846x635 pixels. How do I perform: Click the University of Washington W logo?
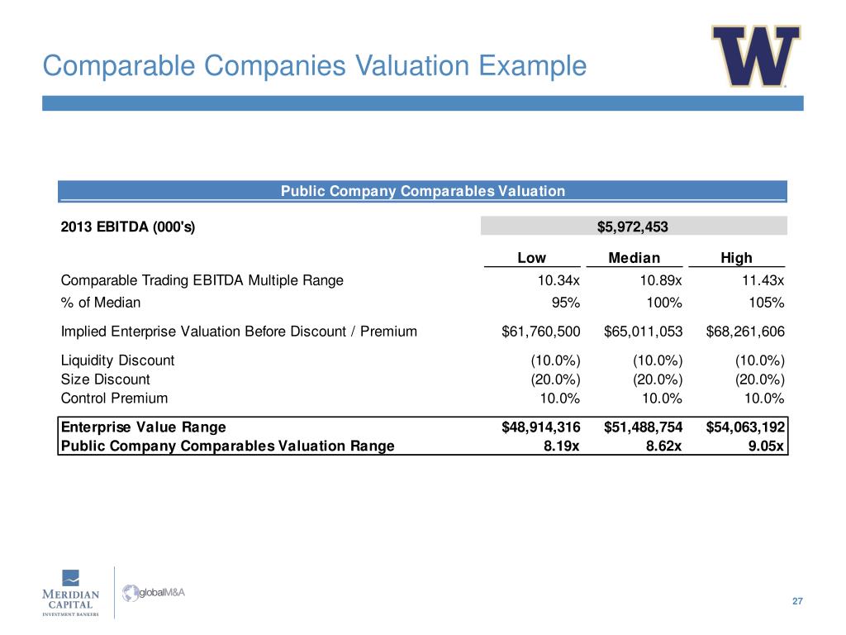756,56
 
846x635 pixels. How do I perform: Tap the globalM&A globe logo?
132,593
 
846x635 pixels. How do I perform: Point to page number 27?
796,600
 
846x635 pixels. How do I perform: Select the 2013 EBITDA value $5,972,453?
633,226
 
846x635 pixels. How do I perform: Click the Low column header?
531,258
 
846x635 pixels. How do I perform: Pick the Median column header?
634,258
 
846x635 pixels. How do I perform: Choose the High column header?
736,258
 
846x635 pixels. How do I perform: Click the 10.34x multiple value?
558,280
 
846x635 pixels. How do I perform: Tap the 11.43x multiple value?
763,280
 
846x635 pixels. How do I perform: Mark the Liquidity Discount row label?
117,360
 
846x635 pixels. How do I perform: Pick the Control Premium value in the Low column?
559,398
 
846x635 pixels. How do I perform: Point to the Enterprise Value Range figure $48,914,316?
541,427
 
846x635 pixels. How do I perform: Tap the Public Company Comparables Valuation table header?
422,192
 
